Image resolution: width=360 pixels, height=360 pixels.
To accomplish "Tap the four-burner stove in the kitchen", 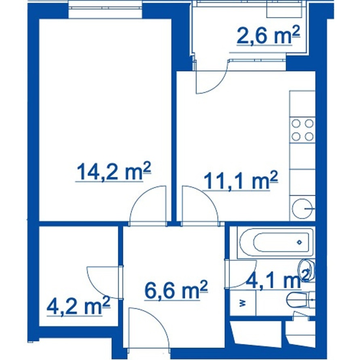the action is pyautogui.click(x=303, y=130).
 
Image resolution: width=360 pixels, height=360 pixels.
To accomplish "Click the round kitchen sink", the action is pyautogui.click(x=303, y=208).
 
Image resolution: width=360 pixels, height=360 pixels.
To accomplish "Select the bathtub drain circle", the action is pyautogui.click(x=299, y=242).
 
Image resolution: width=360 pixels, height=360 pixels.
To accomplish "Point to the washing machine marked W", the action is pyautogui.click(x=243, y=303).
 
